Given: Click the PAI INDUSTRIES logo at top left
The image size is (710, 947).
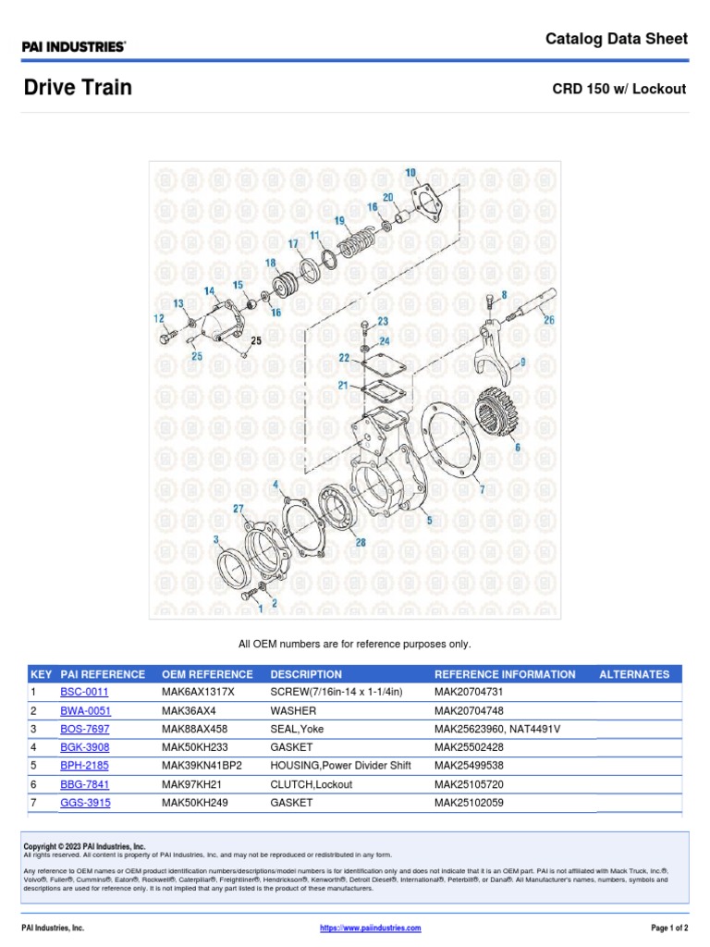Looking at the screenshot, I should [74, 45].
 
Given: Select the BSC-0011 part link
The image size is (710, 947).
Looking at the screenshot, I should [84, 692].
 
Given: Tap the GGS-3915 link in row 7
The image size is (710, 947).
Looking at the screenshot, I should [85, 803].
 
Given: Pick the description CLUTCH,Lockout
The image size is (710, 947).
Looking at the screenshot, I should [310, 784].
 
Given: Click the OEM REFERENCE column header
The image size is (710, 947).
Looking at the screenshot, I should [207, 674].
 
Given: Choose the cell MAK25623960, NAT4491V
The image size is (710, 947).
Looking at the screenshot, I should [497, 729].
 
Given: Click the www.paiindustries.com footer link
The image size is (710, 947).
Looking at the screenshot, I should [370, 928].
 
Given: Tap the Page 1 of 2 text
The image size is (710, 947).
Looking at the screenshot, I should [663, 928].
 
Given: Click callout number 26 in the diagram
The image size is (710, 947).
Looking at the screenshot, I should [549, 321].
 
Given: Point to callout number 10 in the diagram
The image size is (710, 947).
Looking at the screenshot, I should [410, 173].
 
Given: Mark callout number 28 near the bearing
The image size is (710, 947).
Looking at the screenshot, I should [360, 542].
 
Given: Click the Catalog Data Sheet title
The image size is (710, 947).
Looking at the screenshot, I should [616, 39].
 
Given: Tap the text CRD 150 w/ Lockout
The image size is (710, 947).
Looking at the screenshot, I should [619, 90].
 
